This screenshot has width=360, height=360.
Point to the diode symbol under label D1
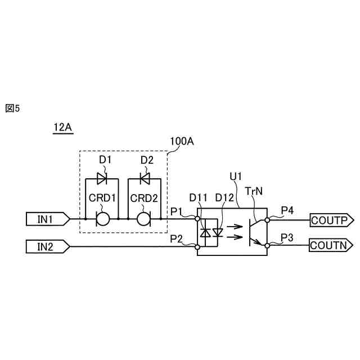(102, 179)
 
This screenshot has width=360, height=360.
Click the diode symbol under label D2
(144, 179)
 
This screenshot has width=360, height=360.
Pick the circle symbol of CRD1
(102, 218)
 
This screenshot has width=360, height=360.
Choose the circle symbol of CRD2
(144, 218)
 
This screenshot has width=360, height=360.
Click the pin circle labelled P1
(197, 218)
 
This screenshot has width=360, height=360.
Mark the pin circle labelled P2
(197, 246)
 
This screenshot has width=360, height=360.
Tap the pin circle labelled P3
(268, 245)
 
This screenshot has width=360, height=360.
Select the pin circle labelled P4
(268, 220)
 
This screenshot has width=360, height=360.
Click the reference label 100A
(182, 141)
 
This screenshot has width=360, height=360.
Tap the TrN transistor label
(255, 191)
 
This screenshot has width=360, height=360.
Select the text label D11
(199, 197)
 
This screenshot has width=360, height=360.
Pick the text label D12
(225, 197)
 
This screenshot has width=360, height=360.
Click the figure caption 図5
(12, 108)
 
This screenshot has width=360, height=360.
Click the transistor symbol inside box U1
(255, 232)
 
